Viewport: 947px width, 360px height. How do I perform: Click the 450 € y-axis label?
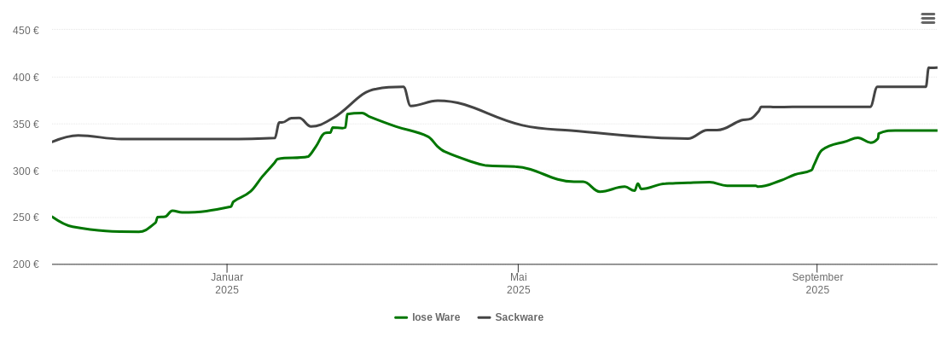26,31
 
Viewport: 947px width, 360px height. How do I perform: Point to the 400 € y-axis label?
26,78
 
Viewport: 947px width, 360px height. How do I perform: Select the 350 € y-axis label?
26,125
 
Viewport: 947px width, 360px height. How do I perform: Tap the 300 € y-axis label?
26,171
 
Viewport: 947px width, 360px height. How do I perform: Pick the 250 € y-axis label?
26,218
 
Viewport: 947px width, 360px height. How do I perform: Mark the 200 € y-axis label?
26,264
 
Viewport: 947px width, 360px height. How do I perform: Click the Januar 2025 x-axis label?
227,283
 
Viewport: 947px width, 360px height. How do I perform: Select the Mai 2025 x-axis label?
518,283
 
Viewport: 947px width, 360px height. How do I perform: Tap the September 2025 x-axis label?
817,283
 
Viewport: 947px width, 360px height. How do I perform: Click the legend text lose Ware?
436,317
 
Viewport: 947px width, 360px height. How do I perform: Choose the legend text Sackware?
519,317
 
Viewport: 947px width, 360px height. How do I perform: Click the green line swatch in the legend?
401,317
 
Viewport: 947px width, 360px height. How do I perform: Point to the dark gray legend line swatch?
484,317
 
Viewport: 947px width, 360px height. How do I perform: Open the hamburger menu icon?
928,19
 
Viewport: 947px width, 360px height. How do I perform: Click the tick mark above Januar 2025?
227,269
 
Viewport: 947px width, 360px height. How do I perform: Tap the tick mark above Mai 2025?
518,269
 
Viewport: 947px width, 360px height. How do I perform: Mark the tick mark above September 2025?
817,269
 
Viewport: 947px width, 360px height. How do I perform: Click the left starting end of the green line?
53,217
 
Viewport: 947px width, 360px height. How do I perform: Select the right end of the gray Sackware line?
937,67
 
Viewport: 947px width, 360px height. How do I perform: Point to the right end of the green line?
937,131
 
